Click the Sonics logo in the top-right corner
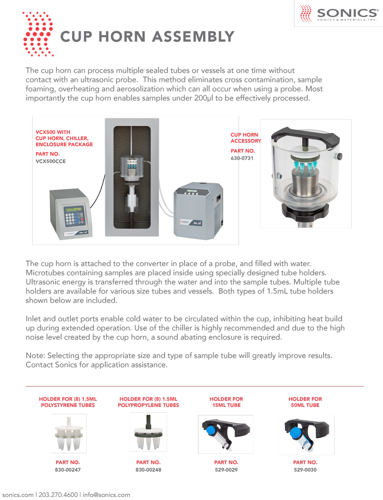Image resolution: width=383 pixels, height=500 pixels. (339, 13)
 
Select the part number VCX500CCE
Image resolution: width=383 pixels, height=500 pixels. (51, 161)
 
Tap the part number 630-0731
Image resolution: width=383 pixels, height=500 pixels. (242, 158)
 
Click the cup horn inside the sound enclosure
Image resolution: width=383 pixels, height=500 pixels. (132, 167)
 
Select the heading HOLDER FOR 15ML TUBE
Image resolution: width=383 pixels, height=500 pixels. (226, 402)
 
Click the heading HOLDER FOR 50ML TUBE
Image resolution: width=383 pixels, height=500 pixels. (305, 402)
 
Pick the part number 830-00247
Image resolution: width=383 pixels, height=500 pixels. (68, 470)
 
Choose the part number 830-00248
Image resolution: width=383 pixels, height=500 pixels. (148, 470)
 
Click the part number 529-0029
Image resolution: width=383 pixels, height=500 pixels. (226, 470)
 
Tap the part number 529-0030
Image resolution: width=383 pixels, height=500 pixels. (305, 470)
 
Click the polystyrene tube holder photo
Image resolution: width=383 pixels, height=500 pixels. (69, 434)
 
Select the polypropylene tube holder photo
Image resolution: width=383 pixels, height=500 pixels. (148, 433)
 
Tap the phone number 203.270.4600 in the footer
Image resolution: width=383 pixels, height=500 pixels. (58, 495)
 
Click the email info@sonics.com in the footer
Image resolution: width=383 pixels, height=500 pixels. (106, 495)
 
